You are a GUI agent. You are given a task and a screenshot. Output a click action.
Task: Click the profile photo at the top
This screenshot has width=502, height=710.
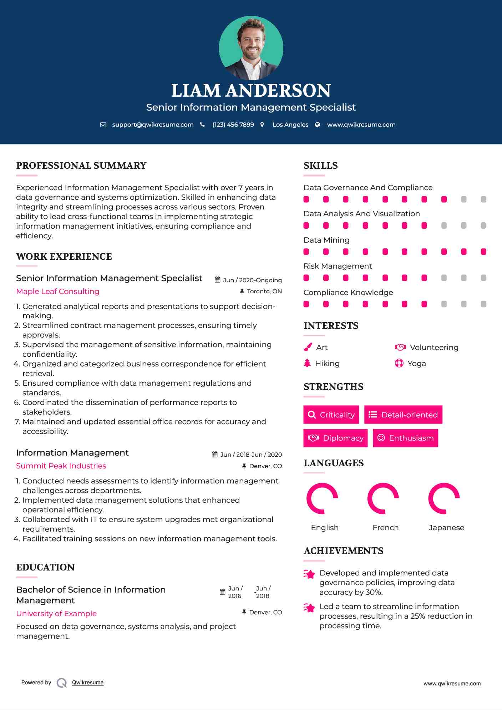(x=251, y=48)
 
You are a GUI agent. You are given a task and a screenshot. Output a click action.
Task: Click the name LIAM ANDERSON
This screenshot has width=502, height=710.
(x=251, y=91)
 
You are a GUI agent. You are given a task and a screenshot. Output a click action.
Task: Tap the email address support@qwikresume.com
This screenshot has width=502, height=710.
(x=153, y=125)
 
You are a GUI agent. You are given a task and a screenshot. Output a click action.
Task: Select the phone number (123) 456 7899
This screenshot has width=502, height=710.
(x=233, y=125)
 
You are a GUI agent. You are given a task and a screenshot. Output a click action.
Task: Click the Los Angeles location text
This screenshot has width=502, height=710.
(x=290, y=125)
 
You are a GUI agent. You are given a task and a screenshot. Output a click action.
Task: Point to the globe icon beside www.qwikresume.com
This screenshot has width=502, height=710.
(x=318, y=125)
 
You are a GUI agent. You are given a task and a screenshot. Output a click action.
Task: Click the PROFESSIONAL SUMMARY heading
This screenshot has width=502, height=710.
(x=81, y=166)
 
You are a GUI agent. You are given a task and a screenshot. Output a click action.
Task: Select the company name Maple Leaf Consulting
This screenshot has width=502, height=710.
(x=58, y=291)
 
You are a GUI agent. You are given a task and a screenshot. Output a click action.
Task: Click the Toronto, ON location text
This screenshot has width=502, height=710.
(x=264, y=291)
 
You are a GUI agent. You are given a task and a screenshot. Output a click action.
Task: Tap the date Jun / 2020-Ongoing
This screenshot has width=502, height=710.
(x=252, y=280)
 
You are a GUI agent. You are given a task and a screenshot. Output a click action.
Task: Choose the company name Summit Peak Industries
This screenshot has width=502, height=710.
(x=61, y=466)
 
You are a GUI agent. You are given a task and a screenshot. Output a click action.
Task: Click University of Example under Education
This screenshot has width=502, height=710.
(x=56, y=614)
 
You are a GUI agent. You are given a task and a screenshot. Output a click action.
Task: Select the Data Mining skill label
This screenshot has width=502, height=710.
(x=326, y=240)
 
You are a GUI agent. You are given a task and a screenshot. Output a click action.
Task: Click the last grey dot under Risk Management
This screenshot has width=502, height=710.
(x=483, y=278)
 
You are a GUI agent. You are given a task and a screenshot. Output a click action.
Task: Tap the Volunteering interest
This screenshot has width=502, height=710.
(x=434, y=348)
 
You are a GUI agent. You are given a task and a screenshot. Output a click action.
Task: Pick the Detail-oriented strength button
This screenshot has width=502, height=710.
(x=403, y=415)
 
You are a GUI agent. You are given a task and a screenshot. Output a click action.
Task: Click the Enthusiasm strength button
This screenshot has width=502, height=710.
(x=405, y=438)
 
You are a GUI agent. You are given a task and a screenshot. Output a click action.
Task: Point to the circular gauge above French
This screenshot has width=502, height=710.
(x=383, y=498)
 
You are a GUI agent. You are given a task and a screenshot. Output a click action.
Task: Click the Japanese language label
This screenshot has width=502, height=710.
(x=446, y=528)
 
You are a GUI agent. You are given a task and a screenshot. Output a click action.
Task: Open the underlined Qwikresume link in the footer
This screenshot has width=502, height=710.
(x=88, y=683)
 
